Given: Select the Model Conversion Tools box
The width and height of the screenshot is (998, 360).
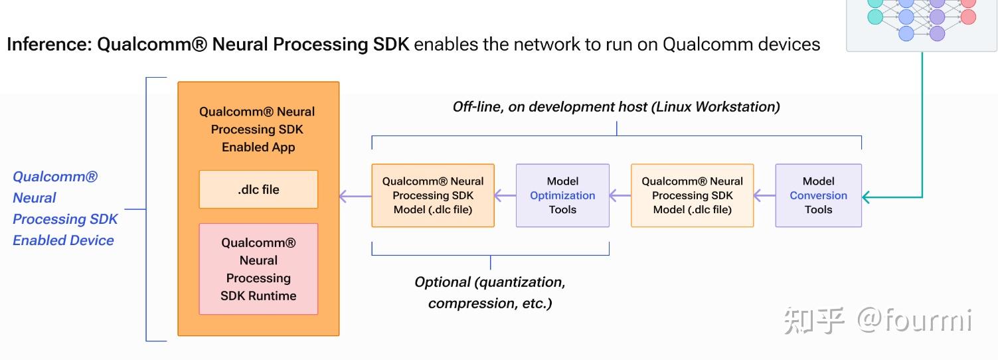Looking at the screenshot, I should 818,195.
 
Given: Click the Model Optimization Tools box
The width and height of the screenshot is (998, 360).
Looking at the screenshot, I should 562,195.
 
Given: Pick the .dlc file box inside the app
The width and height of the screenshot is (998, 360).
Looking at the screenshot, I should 258,189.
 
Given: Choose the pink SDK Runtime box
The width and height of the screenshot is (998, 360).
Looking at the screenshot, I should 258,269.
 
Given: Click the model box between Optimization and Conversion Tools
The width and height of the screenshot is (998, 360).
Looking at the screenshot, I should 692,195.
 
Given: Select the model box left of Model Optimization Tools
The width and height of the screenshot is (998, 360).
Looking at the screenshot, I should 432,195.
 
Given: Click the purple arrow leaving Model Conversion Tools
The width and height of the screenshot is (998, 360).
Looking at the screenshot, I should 764,196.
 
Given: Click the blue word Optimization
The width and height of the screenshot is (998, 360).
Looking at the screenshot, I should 562,195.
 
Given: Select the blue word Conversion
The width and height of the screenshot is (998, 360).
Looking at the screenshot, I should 818,195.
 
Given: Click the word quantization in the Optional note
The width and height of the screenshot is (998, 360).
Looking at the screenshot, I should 519,282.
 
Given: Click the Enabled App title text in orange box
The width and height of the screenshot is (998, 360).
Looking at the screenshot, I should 258,147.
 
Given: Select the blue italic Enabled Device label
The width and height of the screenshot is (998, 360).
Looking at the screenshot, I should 63,240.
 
